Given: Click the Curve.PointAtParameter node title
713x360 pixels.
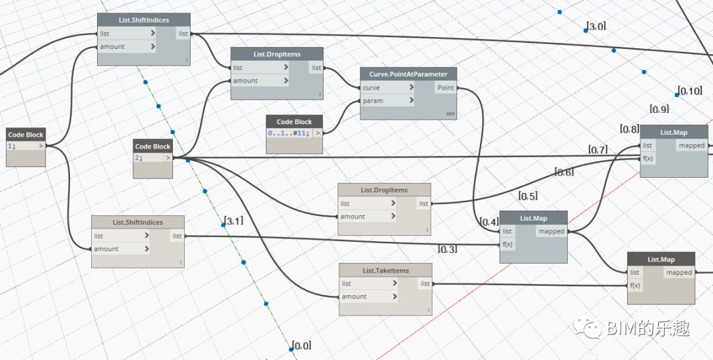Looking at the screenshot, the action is click(x=408, y=74).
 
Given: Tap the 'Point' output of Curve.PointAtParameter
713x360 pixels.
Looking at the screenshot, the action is click(x=446, y=88).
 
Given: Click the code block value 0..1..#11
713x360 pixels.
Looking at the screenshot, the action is click(x=289, y=133).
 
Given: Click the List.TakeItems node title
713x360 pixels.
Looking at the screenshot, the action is click(x=386, y=270).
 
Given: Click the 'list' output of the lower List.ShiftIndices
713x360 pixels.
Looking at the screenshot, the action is click(x=177, y=236).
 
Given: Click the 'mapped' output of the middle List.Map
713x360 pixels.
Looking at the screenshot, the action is click(x=551, y=231).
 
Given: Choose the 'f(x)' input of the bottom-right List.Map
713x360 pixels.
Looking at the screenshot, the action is click(x=636, y=285).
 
